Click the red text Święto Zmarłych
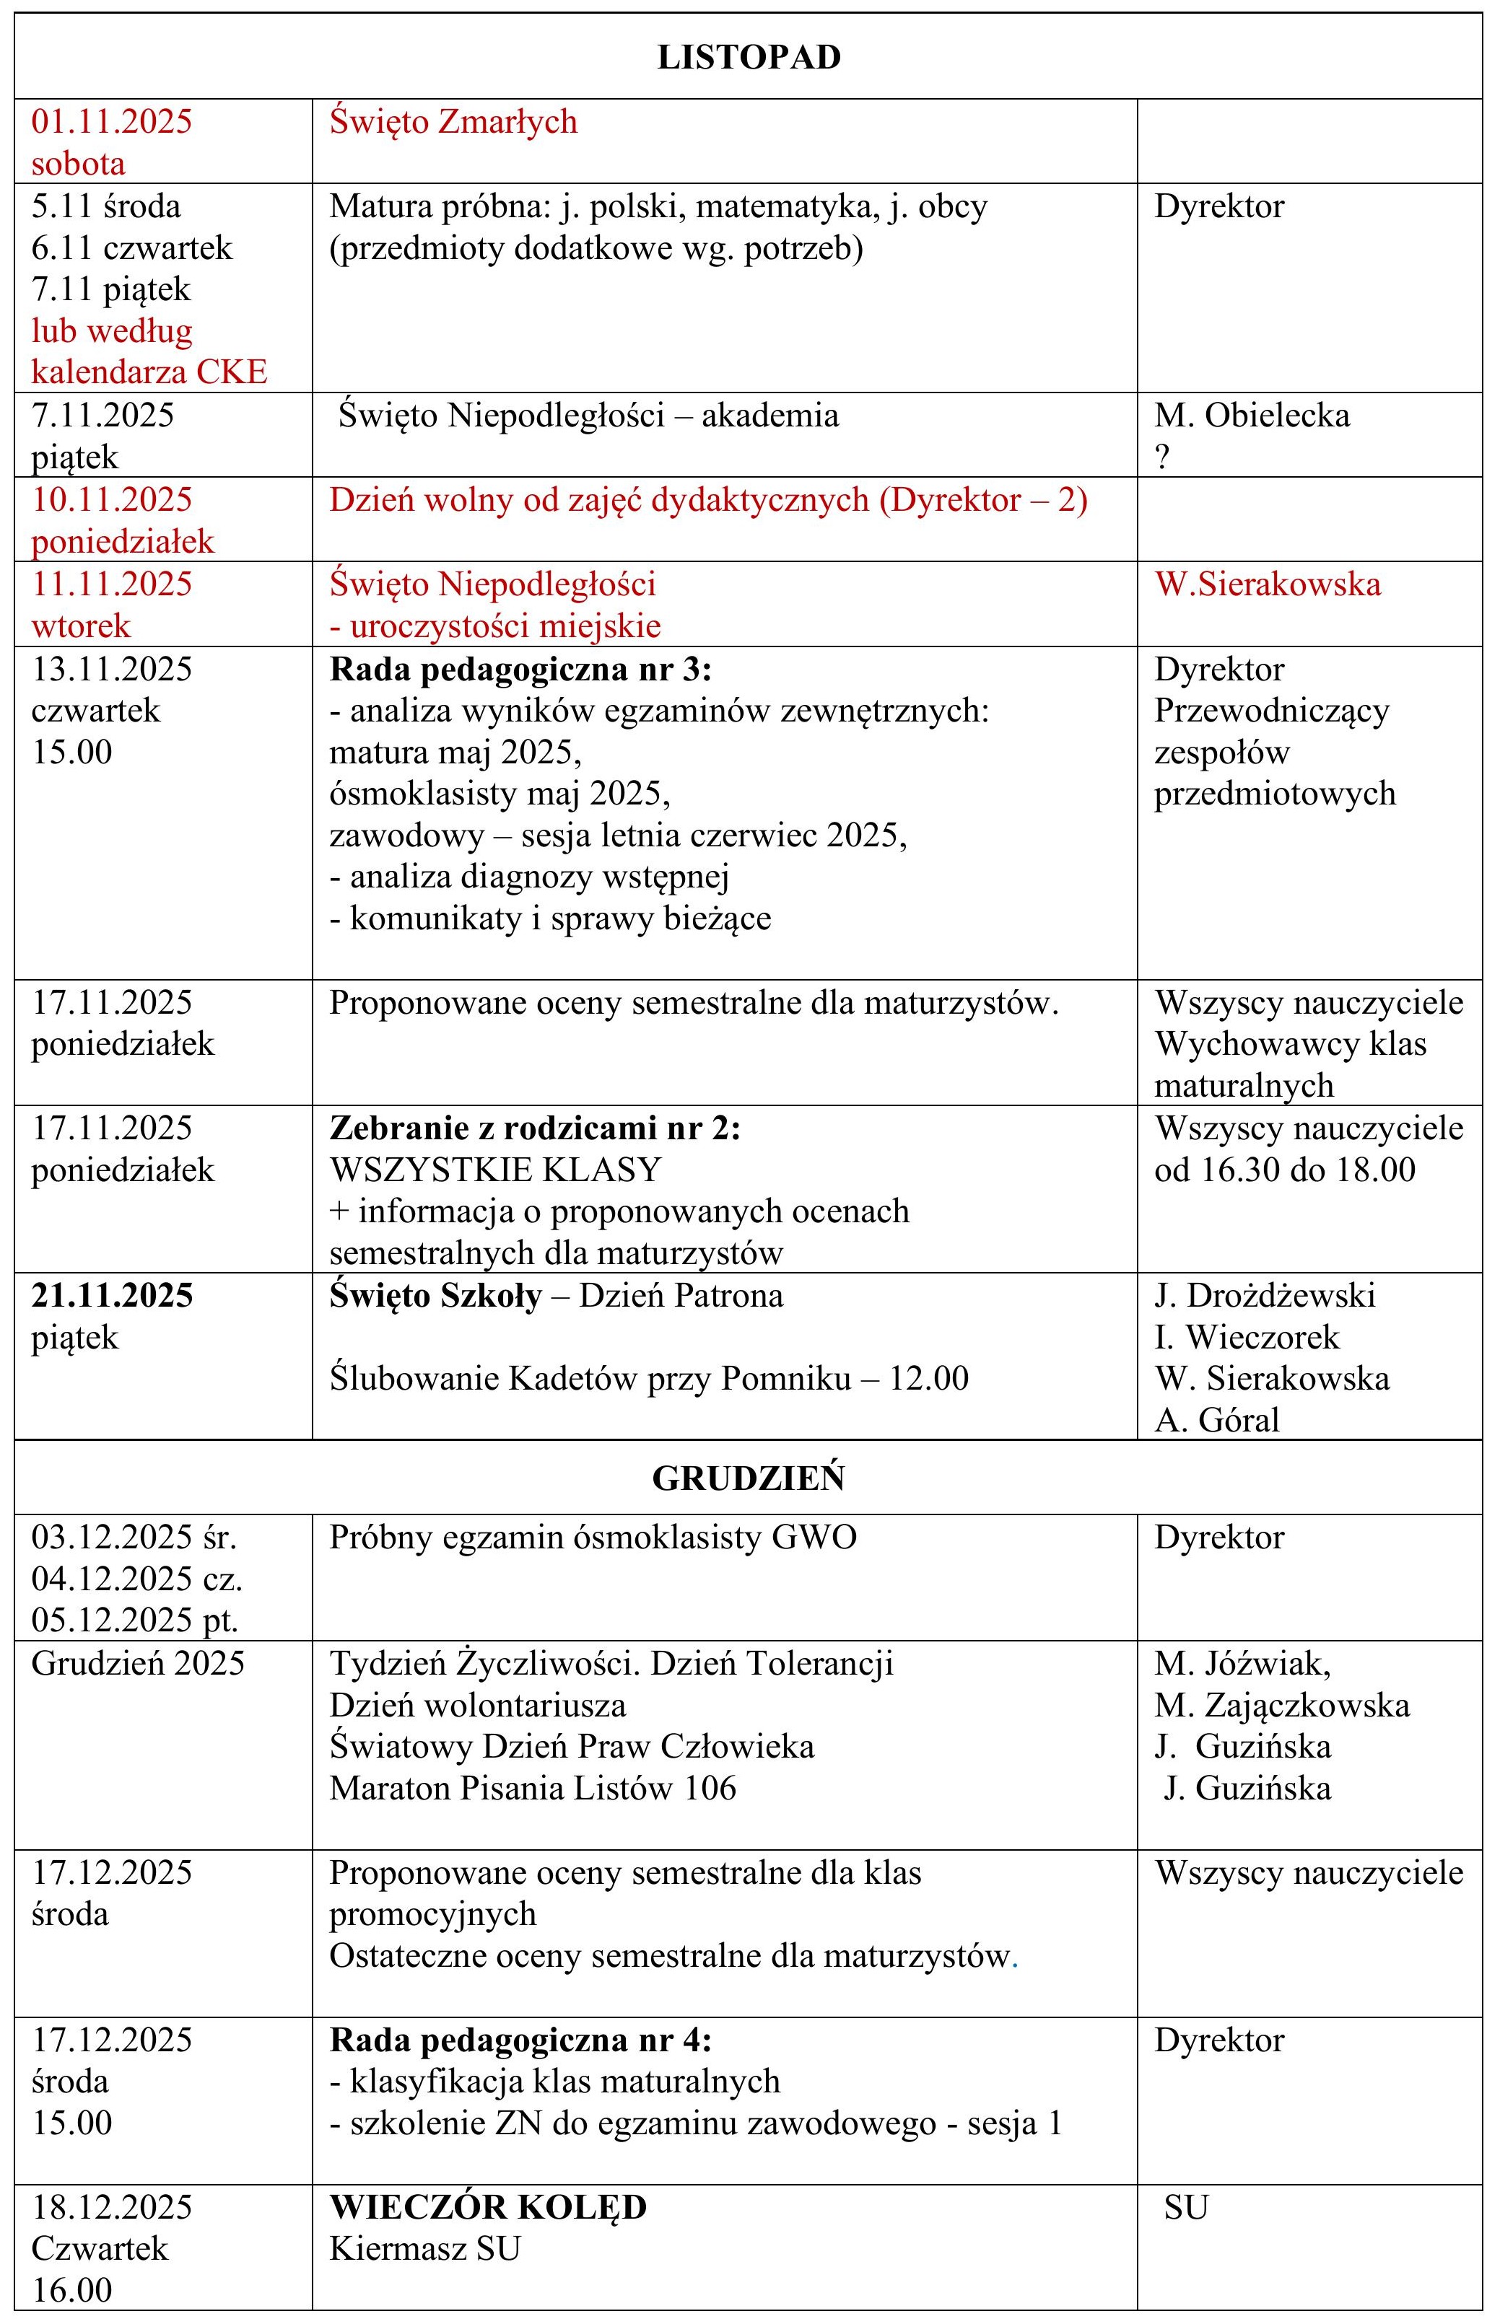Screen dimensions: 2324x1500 [x=453, y=122]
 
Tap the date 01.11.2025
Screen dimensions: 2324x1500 [x=111, y=122]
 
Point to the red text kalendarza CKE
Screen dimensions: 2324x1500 [x=149, y=372]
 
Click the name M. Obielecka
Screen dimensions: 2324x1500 [x=1252, y=416]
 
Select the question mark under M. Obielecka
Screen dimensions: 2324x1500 [x=1162, y=457]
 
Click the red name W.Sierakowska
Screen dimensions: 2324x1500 [x=1268, y=584]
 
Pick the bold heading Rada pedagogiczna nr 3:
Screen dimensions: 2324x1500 [x=520, y=670]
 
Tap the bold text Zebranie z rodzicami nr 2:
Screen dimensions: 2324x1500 [x=535, y=1128]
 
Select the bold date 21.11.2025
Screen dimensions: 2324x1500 [x=112, y=1296]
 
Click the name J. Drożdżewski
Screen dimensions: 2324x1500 [x=1264, y=1296]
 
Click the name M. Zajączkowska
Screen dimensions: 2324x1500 [x=1282, y=1705]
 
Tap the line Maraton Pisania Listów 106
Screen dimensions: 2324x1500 [x=532, y=1787]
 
